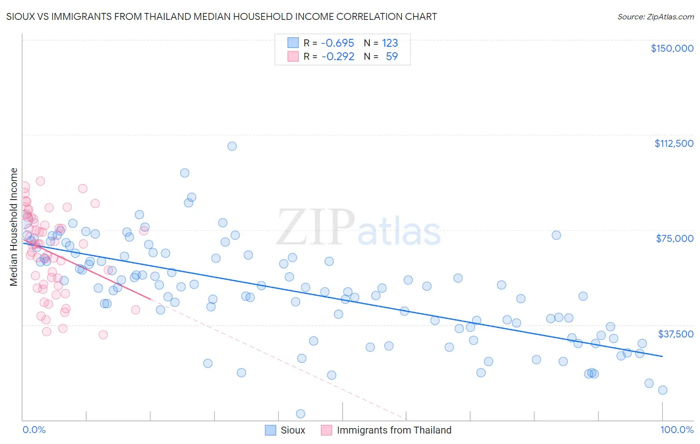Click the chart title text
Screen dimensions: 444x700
(x=222, y=16)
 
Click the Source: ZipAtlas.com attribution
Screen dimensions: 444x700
(x=655, y=16)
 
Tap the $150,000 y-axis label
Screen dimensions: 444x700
(x=672, y=48)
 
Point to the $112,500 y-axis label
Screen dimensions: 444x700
(x=674, y=143)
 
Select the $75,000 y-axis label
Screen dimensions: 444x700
(x=675, y=238)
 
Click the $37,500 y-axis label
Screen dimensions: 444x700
(x=676, y=333)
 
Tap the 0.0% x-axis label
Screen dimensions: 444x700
(x=34, y=430)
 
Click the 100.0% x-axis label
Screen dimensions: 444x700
(x=677, y=430)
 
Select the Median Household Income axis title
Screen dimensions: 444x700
(x=13, y=227)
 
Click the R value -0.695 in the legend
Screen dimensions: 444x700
(x=337, y=43)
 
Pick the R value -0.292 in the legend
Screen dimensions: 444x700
(x=338, y=56)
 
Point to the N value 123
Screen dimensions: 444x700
(x=390, y=43)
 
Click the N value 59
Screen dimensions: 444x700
(x=392, y=56)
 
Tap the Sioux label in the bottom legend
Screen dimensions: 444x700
(x=293, y=430)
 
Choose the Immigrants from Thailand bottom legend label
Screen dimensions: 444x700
(x=394, y=430)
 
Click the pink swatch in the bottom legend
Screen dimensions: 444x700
(x=327, y=430)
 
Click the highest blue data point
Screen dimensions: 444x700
(x=232, y=146)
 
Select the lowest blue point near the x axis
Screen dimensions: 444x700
(x=300, y=414)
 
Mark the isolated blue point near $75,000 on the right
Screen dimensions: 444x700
(x=556, y=235)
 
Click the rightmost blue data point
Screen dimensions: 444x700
(x=663, y=390)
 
